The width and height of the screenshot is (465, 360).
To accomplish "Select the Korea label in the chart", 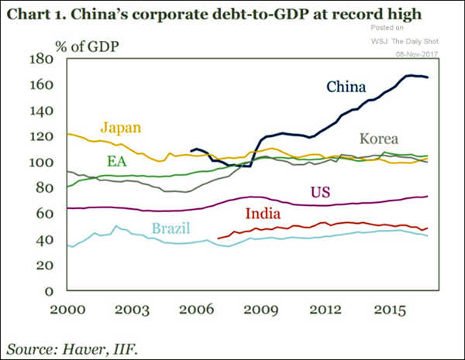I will click(378, 139).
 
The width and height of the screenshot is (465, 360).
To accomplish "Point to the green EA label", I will click(117, 161).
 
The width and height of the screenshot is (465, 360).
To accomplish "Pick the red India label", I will click(262, 214).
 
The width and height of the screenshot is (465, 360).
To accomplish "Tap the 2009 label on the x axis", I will click(256, 309).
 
